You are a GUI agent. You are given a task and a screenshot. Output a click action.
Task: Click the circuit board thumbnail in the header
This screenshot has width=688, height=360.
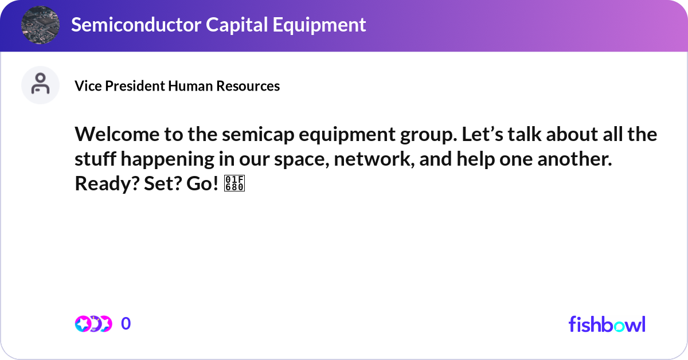[40, 25]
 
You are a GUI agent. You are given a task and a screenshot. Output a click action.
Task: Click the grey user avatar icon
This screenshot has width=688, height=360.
[40, 85]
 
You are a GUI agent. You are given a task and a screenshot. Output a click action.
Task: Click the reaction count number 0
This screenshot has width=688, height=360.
[126, 324]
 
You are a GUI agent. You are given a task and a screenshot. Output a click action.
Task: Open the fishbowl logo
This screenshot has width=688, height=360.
[607, 324]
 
